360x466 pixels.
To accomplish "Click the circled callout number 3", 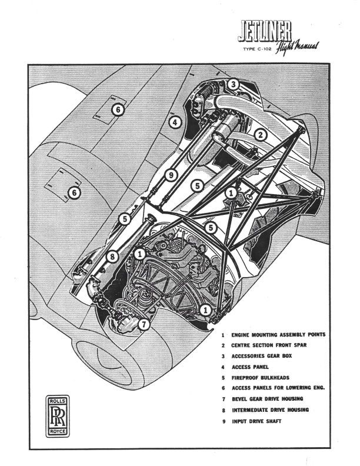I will tap(234, 85).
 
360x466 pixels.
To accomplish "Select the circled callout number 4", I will tap(174, 122).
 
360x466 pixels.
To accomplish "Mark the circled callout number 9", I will tap(171, 175).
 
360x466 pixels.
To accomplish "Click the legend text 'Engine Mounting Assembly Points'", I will tap(278, 335).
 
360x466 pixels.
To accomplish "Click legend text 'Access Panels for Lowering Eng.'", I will tap(280, 388).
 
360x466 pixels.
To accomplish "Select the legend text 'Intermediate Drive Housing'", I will tap(274, 409).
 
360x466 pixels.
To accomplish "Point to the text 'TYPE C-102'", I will tap(258, 50).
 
